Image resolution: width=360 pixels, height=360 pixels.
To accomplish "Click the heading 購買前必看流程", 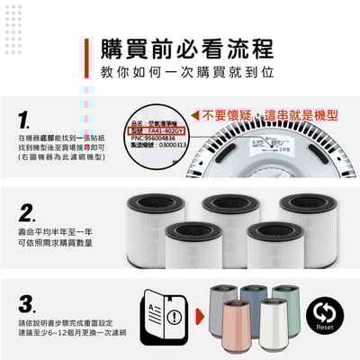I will coord(188,48).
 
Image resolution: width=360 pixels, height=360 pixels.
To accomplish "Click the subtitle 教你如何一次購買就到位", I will coord(188,71).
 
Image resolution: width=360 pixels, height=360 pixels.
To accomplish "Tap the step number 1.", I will coord(28,120).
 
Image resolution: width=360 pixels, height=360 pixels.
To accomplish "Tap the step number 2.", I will coord(28,213).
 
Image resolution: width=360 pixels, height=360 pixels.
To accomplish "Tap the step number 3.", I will coord(28,302).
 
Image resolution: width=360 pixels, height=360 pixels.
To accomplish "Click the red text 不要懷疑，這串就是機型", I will coord(271,116).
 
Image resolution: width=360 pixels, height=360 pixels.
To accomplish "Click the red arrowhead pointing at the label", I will coord(193,116).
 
